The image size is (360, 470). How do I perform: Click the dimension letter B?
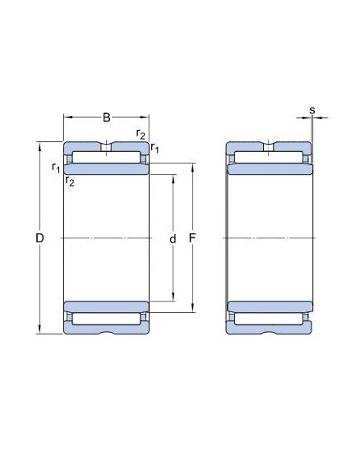[106, 117]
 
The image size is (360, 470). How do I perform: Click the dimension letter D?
[39, 238]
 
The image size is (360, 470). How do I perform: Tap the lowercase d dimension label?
[173, 239]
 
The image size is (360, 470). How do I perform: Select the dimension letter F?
[192, 238]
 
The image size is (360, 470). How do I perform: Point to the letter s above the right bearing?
[312, 110]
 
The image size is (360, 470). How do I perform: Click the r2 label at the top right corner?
[141, 134]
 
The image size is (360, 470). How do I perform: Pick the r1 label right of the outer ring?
[155, 147]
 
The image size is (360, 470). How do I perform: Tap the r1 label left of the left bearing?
[56, 167]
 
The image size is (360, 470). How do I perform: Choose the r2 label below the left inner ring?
[70, 181]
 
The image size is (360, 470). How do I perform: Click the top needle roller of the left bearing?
[106, 158]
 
